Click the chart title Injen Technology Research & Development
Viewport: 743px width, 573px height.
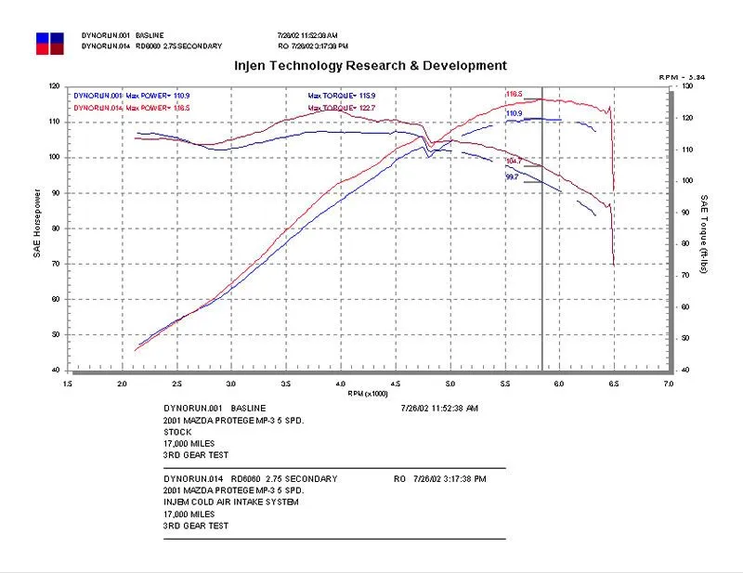(x=370, y=66)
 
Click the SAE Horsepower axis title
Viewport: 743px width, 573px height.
(x=37, y=224)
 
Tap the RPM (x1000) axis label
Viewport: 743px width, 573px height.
(x=368, y=393)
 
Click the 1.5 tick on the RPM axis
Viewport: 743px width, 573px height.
(x=67, y=382)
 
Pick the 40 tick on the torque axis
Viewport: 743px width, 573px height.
(x=685, y=370)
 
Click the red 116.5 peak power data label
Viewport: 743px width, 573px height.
(x=514, y=94)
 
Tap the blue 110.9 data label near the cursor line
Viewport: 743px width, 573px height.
(x=514, y=113)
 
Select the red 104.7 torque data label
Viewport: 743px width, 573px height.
(x=513, y=161)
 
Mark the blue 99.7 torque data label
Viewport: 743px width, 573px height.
(x=512, y=176)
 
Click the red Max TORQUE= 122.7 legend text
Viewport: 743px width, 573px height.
(x=343, y=109)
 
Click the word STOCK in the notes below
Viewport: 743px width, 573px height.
(x=176, y=432)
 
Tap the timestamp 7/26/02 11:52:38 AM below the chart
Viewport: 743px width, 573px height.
(x=439, y=408)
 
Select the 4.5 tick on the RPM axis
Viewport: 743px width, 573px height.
(x=396, y=382)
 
